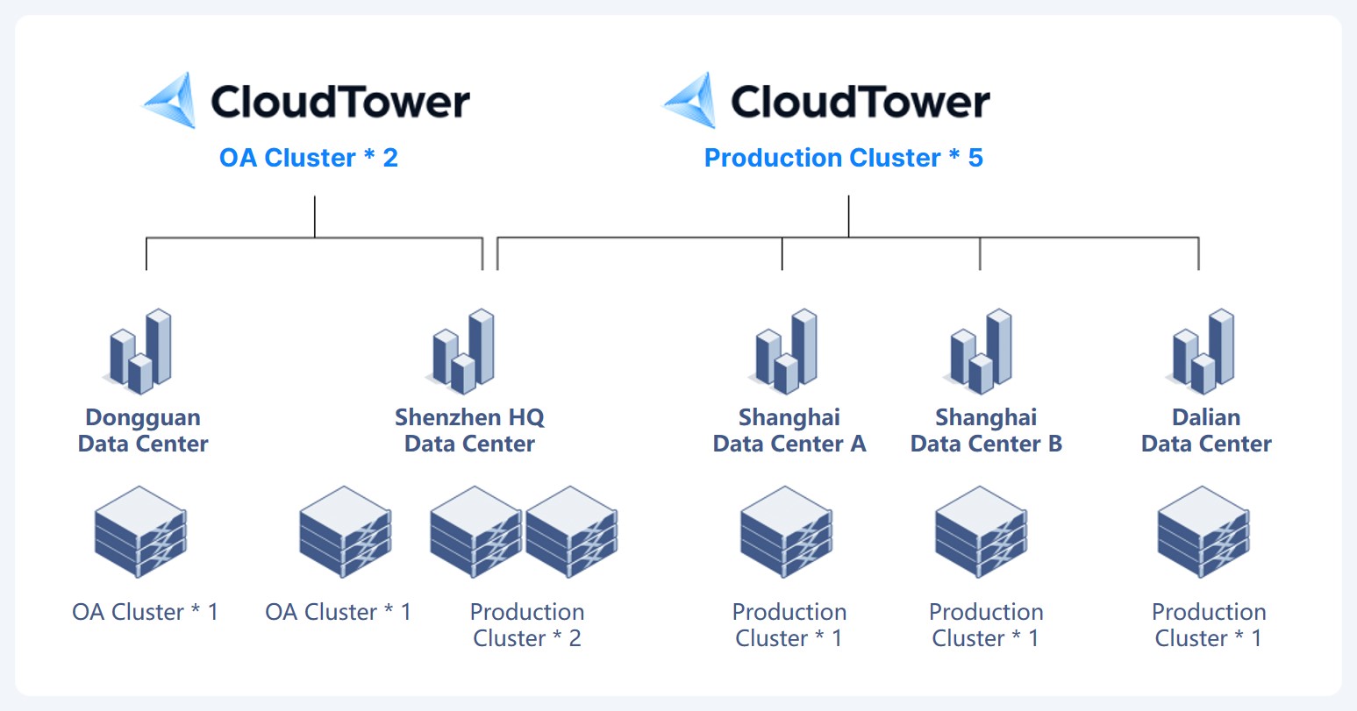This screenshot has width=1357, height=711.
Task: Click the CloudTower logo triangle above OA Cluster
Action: point(171,101)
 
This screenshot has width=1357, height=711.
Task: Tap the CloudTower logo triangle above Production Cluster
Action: point(691,101)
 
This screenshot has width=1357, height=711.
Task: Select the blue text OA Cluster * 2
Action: point(309,158)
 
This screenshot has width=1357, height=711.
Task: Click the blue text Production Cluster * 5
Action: point(843,158)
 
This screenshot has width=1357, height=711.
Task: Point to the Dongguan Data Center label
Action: point(143,430)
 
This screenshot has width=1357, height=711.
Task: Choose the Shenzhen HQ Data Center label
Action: point(469,430)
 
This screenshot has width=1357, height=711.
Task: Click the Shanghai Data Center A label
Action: point(789,430)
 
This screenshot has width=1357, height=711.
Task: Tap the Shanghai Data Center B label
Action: point(986,430)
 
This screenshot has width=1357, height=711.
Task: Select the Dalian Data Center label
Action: point(1206,430)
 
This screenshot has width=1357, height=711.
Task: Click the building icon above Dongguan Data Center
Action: point(139,352)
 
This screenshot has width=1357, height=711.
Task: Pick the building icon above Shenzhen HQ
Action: point(461,352)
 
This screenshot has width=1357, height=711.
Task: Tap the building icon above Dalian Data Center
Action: point(1202,352)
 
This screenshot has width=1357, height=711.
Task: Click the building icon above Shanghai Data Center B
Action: point(979,352)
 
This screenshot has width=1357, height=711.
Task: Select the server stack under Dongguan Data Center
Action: point(140,532)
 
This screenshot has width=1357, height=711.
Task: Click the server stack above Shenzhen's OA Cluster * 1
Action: point(346,532)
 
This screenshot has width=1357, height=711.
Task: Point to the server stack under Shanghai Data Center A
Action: point(786,532)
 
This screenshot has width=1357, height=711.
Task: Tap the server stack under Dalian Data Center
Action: point(1203,532)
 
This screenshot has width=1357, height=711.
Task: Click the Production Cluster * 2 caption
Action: point(527,625)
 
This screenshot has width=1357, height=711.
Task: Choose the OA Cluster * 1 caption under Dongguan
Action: point(146,612)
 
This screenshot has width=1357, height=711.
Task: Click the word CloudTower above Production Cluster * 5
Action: point(861,101)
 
